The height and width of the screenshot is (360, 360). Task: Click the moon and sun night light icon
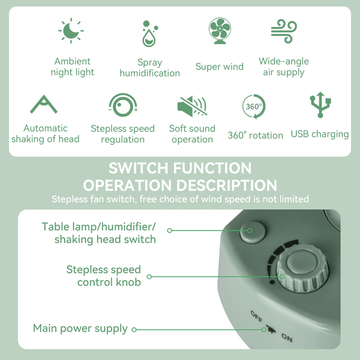click(71, 31)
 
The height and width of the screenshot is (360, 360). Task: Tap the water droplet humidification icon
click(150, 33)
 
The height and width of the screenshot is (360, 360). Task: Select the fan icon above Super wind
click(220, 31)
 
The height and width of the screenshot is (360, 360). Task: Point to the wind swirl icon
click(284, 31)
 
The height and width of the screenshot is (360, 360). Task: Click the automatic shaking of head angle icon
click(44, 104)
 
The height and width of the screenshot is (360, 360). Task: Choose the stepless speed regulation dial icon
click(123, 105)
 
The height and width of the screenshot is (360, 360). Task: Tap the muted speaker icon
click(192, 106)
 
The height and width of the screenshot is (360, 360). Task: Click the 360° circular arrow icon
click(254, 106)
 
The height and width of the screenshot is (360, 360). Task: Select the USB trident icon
click(320, 105)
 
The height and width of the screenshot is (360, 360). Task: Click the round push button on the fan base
click(253, 232)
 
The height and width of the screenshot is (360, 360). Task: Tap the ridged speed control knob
click(303, 269)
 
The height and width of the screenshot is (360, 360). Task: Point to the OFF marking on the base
click(256, 316)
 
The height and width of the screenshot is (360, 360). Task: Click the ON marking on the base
click(287, 338)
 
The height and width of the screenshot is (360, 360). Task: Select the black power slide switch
click(271, 329)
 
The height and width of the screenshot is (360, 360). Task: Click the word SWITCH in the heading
click(139, 168)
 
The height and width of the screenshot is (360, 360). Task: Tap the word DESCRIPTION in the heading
click(227, 185)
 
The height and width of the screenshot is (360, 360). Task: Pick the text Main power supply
click(80, 329)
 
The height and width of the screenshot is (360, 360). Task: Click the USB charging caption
click(320, 134)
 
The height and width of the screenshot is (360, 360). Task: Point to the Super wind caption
click(220, 67)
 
